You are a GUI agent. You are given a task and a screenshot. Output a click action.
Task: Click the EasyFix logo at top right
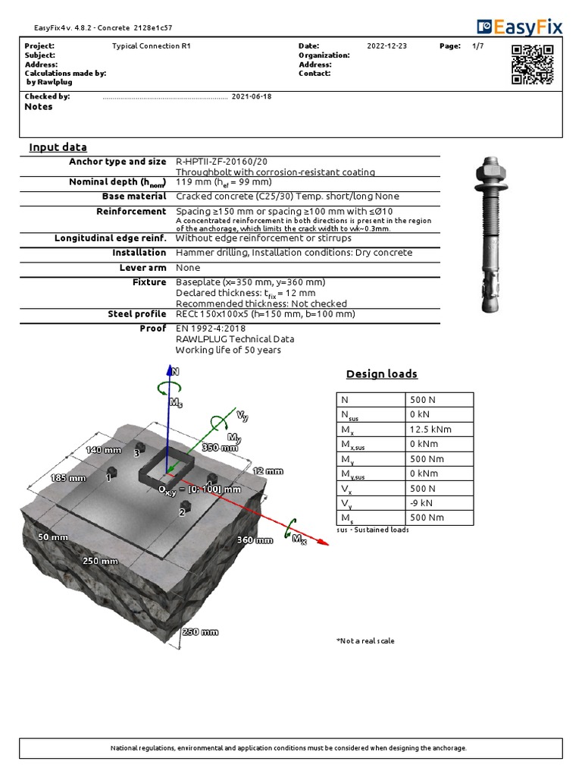coord(520,27)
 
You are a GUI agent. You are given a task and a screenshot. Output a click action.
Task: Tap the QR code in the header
coord(532,64)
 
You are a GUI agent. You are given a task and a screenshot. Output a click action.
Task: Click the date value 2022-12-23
coord(386,46)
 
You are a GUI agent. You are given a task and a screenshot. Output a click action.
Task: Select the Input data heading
coord(58,147)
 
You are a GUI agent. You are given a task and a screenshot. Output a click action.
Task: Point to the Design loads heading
coord(381,374)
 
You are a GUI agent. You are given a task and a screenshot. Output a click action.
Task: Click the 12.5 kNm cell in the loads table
coord(430,429)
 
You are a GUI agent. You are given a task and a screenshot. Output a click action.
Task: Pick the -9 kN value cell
coord(430,503)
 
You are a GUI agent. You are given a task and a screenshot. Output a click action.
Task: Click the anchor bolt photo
coord(493,235)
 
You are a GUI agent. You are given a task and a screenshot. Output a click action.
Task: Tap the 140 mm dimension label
coord(104,450)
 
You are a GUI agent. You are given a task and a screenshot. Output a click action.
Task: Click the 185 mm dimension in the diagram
coord(68,478)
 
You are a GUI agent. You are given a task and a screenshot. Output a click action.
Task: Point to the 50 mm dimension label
coord(53,536)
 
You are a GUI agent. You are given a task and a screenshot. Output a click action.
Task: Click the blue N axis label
coord(176,372)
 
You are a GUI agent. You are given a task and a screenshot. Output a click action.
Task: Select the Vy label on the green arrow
coord(242,416)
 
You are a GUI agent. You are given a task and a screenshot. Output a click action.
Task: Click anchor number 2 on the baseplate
coord(182,512)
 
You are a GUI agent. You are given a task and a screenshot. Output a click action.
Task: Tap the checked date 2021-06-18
coord(251,97)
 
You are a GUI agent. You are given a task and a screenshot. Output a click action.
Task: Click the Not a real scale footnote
coord(365,641)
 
